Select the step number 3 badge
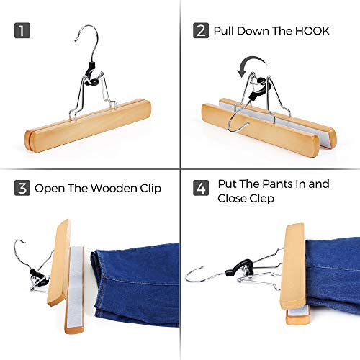tap(22, 189)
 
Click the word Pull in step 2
tap(225, 32)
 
